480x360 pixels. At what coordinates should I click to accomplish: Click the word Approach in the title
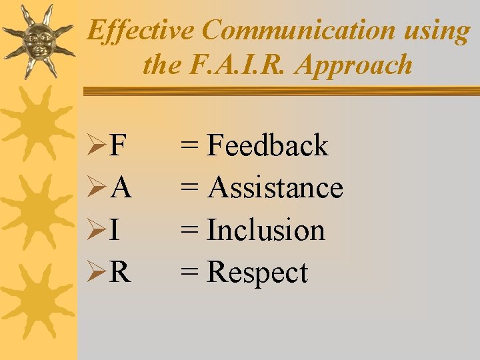(355, 66)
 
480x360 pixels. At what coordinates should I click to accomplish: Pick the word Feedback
(267, 145)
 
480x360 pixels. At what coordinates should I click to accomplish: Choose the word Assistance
(275, 188)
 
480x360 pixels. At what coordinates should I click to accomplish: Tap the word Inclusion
(266, 231)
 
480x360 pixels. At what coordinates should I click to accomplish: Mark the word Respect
(257, 273)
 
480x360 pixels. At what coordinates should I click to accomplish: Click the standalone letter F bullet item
(119, 146)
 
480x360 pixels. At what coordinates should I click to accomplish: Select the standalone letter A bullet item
(121, 189)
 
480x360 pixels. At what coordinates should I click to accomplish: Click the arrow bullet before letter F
(98, 146)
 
